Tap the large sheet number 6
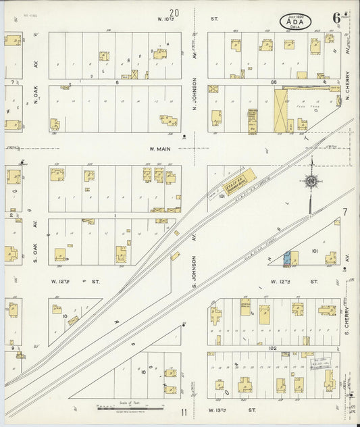tap(336, 18)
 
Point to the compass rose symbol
tap(311, 181)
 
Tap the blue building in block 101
tap(287, 257)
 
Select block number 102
tap(273, 348)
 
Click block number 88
tap(274, 82)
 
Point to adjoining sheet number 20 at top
tap(176, 12)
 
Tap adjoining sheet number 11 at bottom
tap(183, 411)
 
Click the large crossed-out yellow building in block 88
tap(281, 109)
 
